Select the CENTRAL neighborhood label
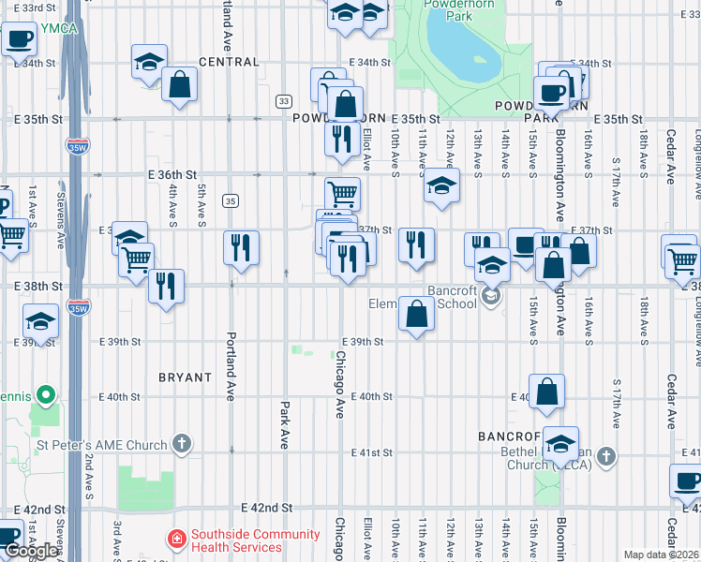(x=229, y=62)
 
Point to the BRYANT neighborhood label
(x=185, y=377)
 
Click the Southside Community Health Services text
(x=255, y=540)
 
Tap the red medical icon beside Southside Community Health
(x=175, y=539)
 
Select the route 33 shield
(x=284, y=100)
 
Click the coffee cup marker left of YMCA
(x=19, y=39)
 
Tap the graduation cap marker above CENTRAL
(x=148, y=62)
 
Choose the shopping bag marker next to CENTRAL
(x=178, y=84)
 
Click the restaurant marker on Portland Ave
(x=242, y=247)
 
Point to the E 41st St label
(x=370, y=453)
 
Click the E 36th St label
(x=172, y=174)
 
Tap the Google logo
(x=32, y=552)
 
